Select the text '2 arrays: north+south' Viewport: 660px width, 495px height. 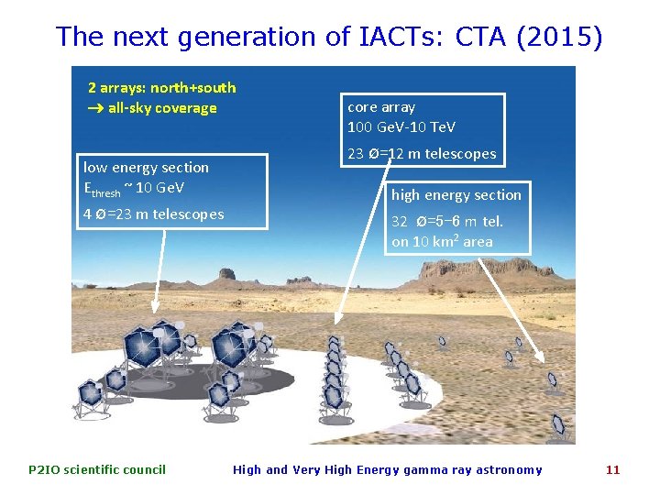click(x=161, y=88)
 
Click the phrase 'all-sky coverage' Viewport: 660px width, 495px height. click(x=162, y=108)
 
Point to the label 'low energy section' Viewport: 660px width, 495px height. click(x=146, y=167)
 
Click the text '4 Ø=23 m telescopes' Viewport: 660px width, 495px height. click(x=153, y=214)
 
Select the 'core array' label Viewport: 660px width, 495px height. click(x=380, y=107)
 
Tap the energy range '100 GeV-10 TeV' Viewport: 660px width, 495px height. click(x=401, y=127)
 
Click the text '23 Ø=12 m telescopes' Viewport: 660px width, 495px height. click(x=422, y=154)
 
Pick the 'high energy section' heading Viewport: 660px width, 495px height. click(x=456, y=194)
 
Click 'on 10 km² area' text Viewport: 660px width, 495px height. click(x=442, y=242)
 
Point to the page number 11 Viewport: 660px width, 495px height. click(x=612, y=469)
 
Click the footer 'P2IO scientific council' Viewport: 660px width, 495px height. click(x=97, y=469)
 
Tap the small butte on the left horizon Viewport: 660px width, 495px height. click(x=225, y=273)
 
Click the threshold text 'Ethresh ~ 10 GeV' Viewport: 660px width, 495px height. click(x=134, y=189)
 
